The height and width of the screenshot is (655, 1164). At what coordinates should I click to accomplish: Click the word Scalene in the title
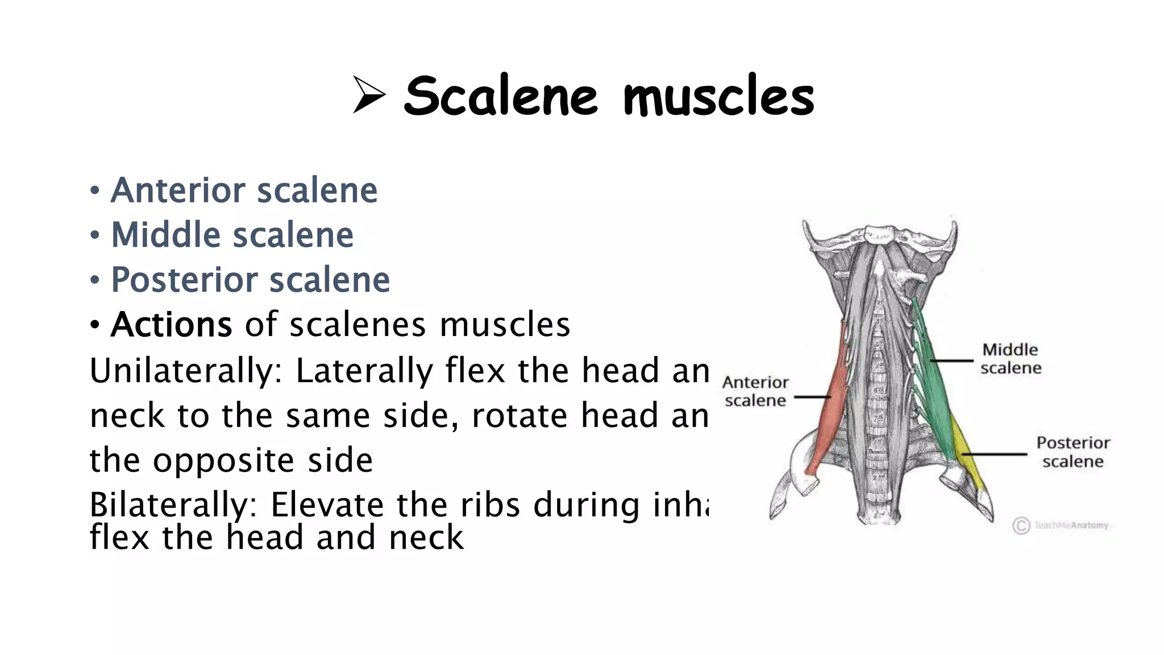[501, 96]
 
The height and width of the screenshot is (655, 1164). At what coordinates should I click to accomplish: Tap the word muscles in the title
[719, 96]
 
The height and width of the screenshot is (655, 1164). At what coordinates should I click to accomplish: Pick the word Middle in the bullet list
[166, 235]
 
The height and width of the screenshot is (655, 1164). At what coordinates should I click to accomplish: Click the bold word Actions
[171, 325]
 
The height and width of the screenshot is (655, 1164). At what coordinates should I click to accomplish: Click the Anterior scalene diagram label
[755, 391]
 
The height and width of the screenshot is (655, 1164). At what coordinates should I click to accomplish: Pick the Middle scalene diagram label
[1011, 359]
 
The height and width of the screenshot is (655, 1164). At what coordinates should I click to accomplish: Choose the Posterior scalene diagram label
[1072, 452]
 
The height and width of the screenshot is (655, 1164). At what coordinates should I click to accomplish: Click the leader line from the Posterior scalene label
[995, 454]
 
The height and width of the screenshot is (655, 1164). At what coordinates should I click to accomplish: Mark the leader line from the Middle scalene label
[952, 360]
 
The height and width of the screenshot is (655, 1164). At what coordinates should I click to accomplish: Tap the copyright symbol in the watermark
[1021, 525]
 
